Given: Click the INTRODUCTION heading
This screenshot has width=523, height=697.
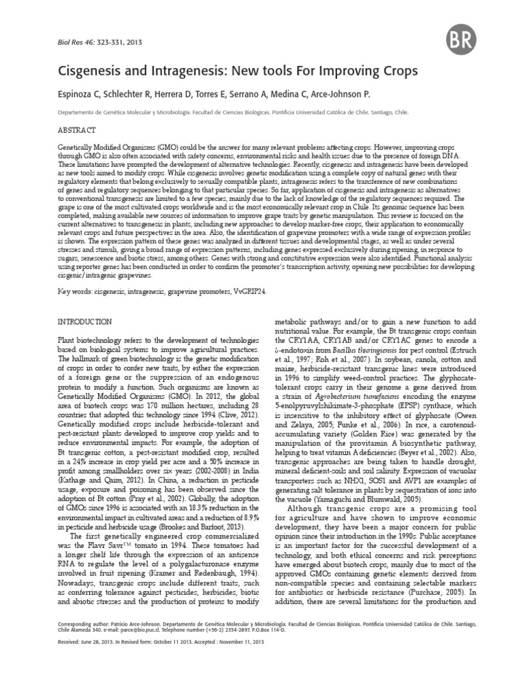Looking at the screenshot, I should point(82,321).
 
